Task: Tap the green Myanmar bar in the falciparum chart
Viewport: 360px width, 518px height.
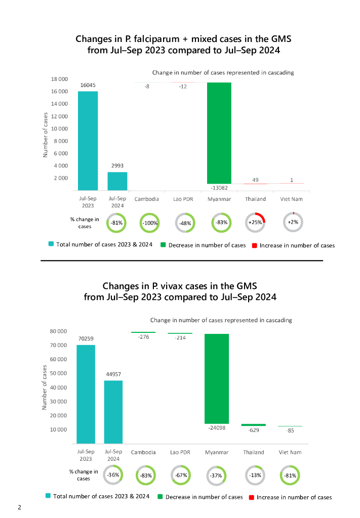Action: coord(219,133)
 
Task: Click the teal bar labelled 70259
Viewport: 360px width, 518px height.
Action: coord(86,395)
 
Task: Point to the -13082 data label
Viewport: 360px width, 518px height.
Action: coord(219,188)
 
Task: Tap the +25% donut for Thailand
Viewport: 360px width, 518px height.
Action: coord(255,223)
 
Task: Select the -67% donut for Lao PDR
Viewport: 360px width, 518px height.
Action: coord(182,476)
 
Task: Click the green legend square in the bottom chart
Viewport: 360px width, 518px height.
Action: coord(160,497)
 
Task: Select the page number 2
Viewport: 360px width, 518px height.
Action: coord(19,507)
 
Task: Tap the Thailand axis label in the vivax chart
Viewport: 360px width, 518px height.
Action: coord(254,452)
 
